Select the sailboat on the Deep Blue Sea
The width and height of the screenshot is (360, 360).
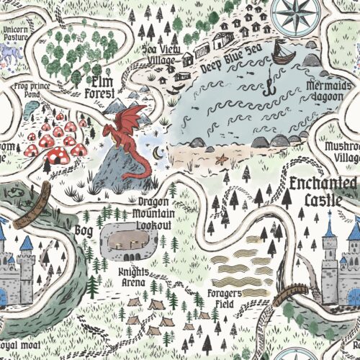[282, 53]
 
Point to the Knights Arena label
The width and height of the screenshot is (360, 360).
[134, 276]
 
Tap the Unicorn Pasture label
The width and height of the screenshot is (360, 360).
[19, 35]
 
